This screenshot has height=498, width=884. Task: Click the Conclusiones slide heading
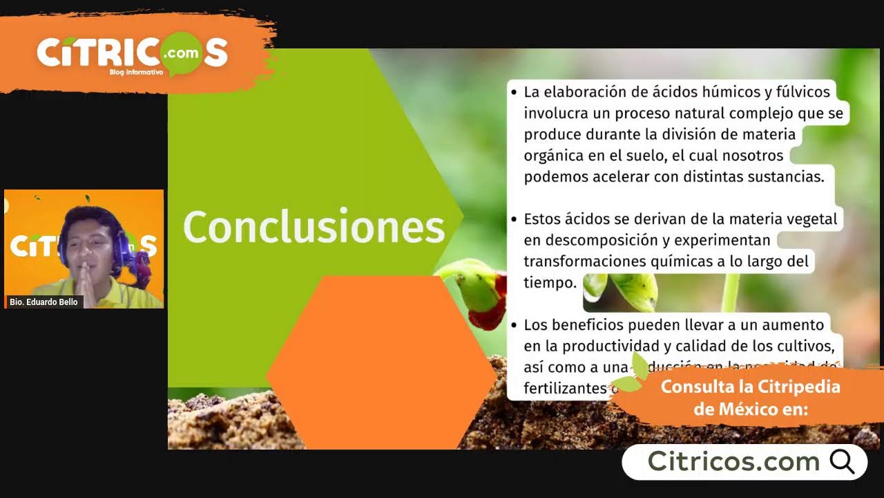(314, 227)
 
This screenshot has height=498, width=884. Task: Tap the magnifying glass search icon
(842, 461)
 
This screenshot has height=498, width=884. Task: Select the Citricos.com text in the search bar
(733, 461)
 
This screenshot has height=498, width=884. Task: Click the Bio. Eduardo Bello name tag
(44, 302)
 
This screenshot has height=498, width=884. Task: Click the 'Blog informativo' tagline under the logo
(136, 72)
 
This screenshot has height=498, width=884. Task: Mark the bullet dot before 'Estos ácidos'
(514, 220)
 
